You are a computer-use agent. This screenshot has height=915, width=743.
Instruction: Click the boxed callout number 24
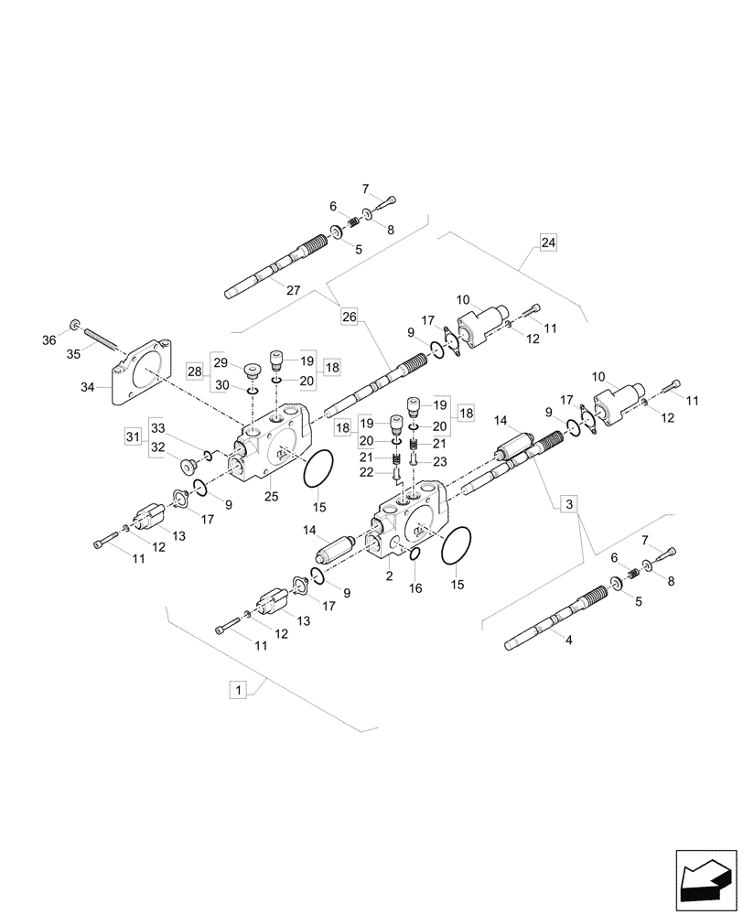547,242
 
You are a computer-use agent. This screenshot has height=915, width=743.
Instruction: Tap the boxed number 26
349,318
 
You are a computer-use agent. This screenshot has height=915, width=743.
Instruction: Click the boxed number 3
568,503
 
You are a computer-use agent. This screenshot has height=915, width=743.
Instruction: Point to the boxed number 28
195,371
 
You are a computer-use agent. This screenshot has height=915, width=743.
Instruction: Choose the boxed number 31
133,436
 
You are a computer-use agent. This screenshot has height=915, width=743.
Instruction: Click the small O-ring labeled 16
413,555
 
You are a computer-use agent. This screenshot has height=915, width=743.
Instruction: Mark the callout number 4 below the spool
568,640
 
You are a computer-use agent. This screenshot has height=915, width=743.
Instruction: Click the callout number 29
220,363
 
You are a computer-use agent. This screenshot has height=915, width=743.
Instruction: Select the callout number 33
157,428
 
